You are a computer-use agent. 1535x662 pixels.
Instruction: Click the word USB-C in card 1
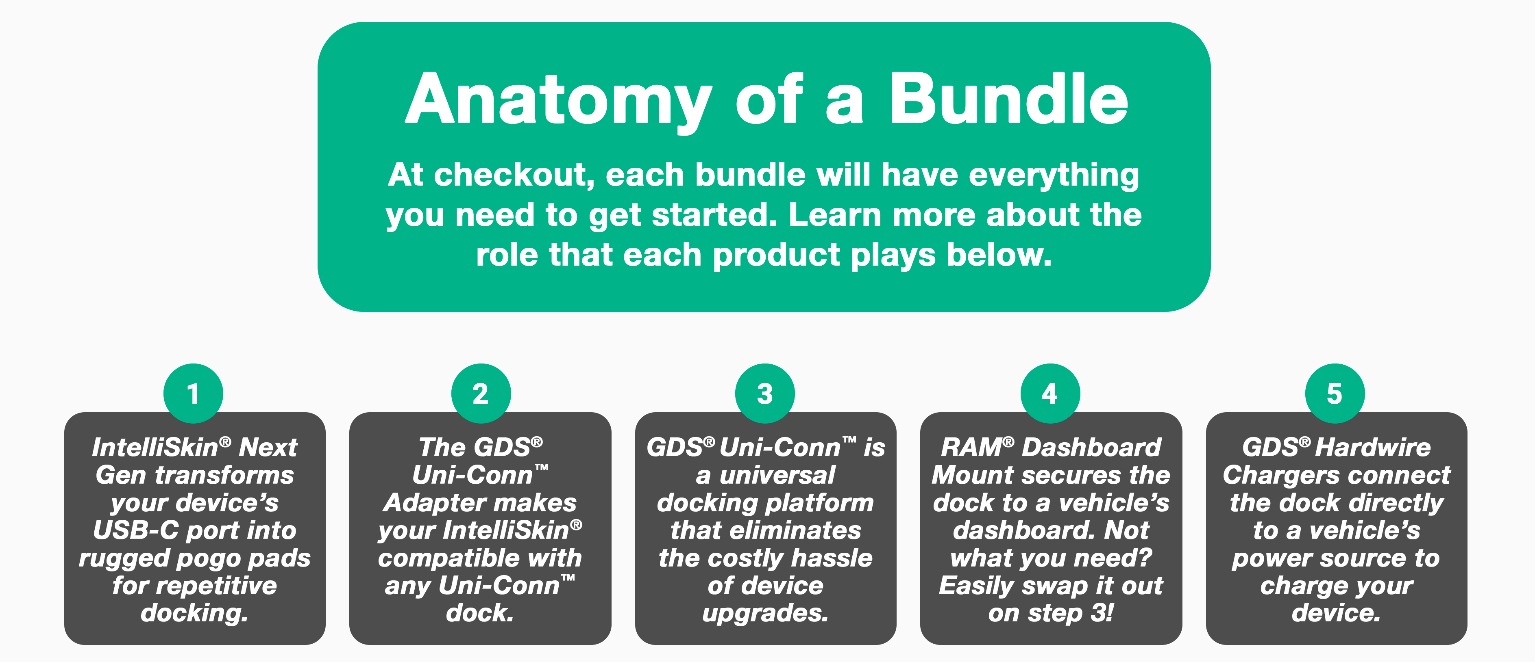(x=136, y=530)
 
